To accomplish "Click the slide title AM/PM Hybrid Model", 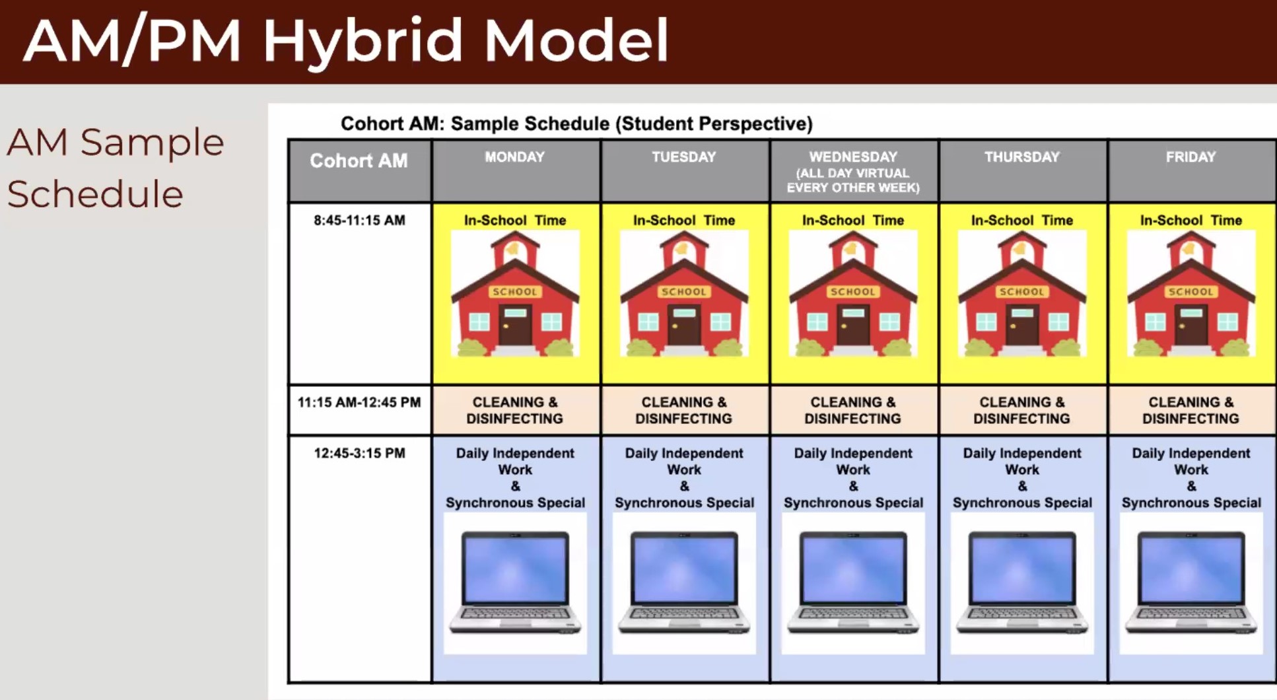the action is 346,41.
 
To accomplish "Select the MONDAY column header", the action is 515,157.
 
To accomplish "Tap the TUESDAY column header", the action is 684,157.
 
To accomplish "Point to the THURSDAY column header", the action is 1022,157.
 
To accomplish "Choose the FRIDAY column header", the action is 1191,157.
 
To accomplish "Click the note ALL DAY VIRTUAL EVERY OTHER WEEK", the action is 853,180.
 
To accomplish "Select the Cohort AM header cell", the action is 359,170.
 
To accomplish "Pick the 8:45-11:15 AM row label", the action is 359,221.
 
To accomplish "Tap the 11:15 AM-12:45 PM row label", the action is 359,402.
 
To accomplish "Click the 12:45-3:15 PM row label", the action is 359,453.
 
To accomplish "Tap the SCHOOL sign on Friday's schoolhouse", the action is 1191,291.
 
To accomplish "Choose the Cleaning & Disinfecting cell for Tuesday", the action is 684,410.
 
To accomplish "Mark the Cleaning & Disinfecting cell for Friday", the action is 1191,410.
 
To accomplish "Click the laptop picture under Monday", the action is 515,583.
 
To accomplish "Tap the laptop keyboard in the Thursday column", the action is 1022,614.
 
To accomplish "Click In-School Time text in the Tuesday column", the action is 684,221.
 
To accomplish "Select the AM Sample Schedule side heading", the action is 116,168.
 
